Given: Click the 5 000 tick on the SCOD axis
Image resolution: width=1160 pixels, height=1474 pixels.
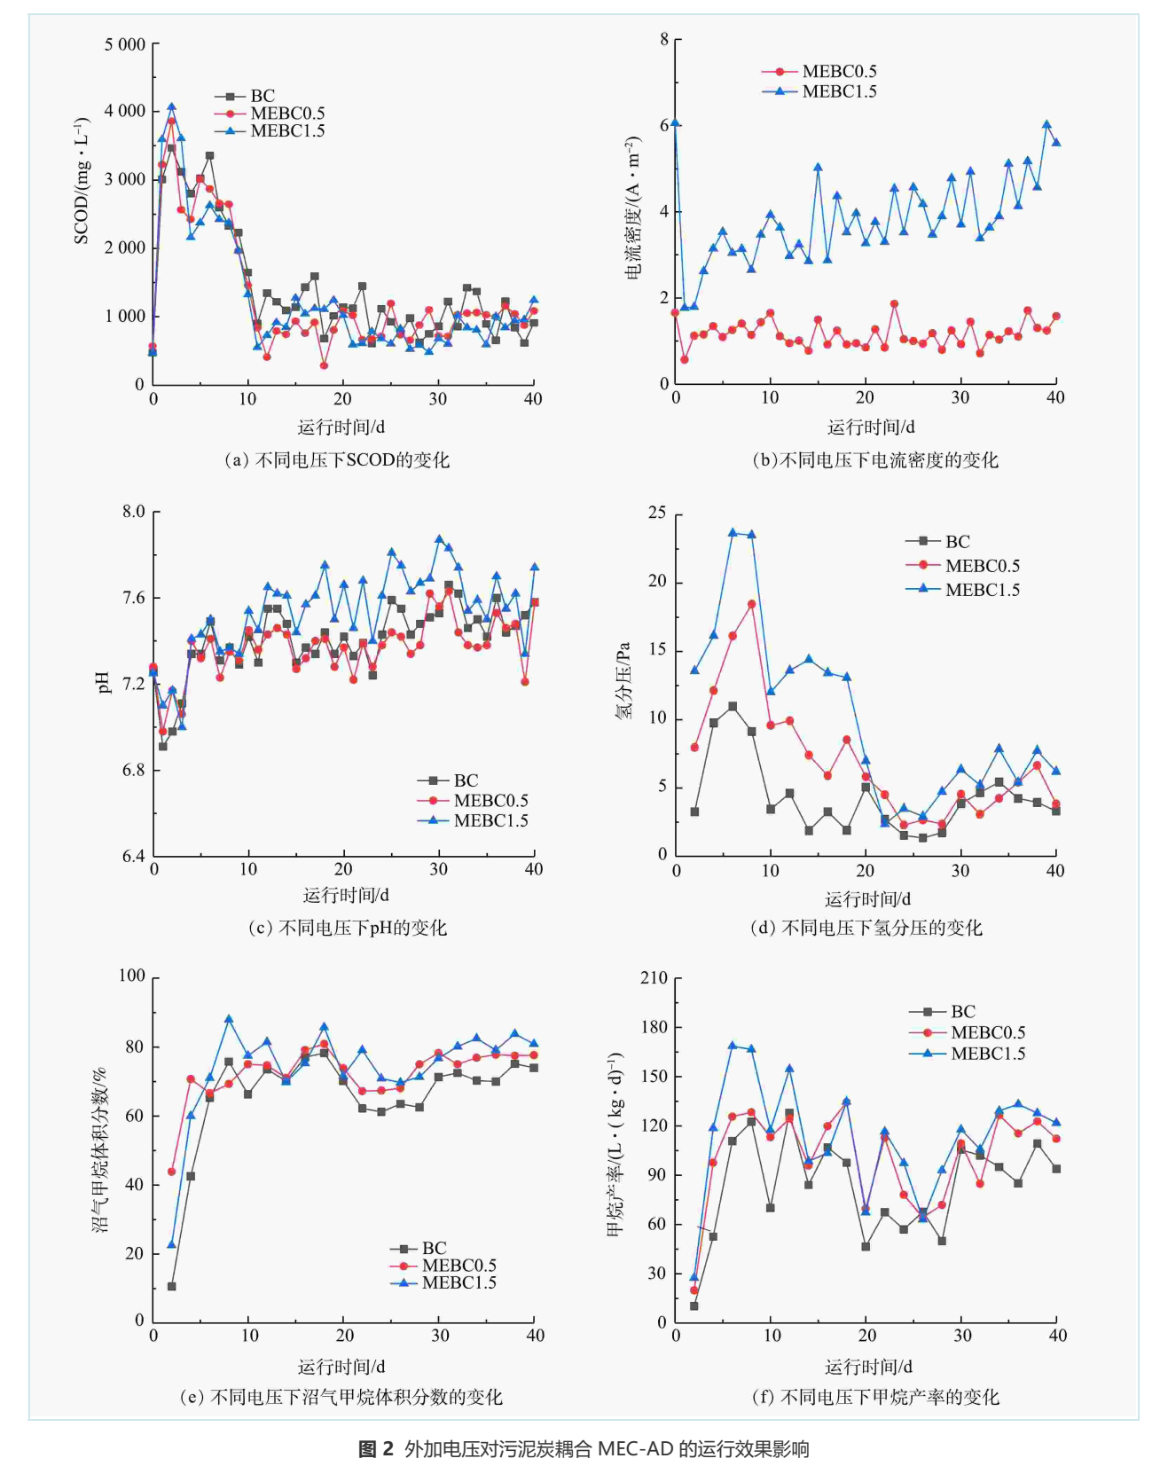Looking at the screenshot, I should pos(125,44).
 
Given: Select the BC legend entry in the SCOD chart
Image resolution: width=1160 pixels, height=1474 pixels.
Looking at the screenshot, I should pos(263,96).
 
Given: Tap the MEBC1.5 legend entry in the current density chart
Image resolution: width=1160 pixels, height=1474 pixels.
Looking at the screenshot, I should pos(839,91).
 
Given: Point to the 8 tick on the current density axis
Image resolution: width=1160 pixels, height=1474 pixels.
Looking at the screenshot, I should pos(663,39).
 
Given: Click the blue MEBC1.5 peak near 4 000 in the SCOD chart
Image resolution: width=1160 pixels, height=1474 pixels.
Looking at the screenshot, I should pos(171,107).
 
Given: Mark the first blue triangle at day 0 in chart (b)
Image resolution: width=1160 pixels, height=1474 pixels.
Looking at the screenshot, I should pos(675,123).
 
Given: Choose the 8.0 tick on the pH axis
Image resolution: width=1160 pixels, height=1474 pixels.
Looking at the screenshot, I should pos(133,512).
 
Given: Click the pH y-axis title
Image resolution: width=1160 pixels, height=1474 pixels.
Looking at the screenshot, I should pos(104,682).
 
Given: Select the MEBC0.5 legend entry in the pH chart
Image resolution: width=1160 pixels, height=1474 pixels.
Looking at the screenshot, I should pos(490,801).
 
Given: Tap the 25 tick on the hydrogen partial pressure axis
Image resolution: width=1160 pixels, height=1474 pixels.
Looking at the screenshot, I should pos(657,513).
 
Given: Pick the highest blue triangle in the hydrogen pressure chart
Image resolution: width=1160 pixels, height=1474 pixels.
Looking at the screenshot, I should pos(733,533).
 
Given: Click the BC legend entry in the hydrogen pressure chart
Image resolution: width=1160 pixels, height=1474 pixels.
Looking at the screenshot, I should pos(957,542).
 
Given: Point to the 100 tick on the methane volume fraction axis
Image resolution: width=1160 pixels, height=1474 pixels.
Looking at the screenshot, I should pos(131,976).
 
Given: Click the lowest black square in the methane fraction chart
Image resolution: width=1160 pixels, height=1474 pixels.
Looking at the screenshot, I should pos(171,1286).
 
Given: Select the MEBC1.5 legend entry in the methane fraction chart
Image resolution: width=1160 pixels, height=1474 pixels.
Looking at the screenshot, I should pos(459,1282).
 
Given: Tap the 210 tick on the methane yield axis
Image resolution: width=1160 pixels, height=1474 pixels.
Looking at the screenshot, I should pos(654,977).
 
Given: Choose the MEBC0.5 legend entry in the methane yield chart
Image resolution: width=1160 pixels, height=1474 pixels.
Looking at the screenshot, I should pos(987,1032).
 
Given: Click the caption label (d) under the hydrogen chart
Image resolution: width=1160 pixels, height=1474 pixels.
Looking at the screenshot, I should pos(763,928).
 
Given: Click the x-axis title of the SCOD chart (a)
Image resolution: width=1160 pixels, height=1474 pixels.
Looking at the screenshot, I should pos(341,427).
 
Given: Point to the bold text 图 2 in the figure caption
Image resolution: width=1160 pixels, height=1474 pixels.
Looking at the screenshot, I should pos(375,1449).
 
